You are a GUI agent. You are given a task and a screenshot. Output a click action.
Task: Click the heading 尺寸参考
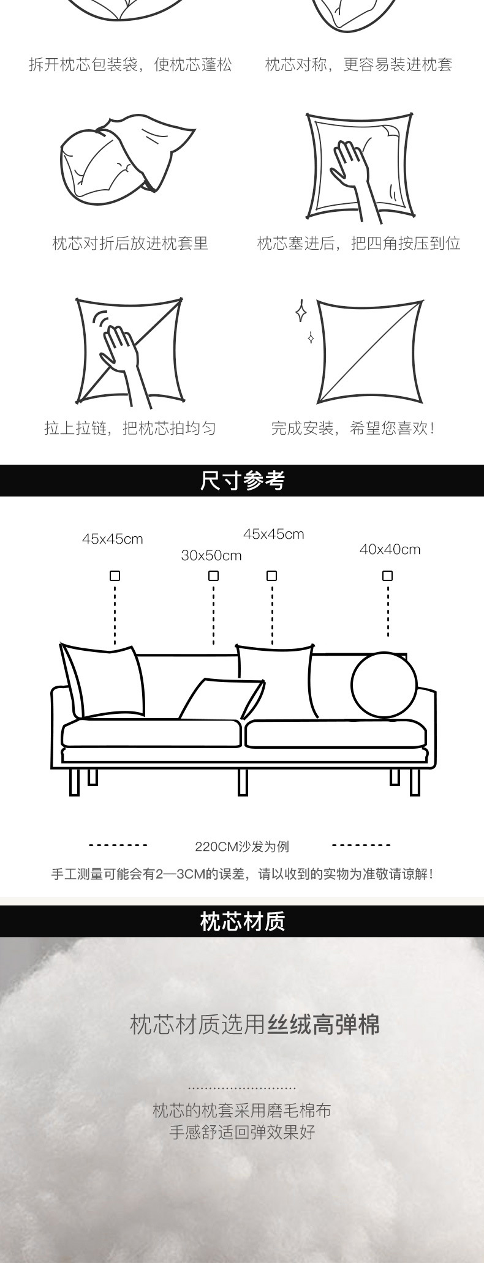242,481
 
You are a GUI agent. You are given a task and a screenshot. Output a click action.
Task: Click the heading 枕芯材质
242,921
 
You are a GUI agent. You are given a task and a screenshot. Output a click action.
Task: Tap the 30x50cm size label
211,556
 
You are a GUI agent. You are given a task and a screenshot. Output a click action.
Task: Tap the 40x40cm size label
390,549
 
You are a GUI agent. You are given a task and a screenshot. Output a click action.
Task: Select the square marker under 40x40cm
387,575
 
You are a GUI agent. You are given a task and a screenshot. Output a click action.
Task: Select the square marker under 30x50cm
213,575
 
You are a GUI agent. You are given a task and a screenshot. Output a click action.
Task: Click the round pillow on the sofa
384,685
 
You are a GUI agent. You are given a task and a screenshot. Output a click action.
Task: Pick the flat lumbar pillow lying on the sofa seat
222,699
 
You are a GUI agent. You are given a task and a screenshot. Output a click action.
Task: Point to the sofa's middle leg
243,782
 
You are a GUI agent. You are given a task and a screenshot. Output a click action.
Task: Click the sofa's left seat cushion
151,733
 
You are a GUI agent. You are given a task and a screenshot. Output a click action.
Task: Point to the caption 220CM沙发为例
242,847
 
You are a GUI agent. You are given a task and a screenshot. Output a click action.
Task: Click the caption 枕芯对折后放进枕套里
130,244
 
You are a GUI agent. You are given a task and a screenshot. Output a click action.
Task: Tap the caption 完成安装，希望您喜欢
353,428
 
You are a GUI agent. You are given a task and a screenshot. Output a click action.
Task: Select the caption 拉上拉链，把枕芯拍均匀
130,428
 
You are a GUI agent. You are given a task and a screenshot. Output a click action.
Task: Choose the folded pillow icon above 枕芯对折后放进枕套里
127,154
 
